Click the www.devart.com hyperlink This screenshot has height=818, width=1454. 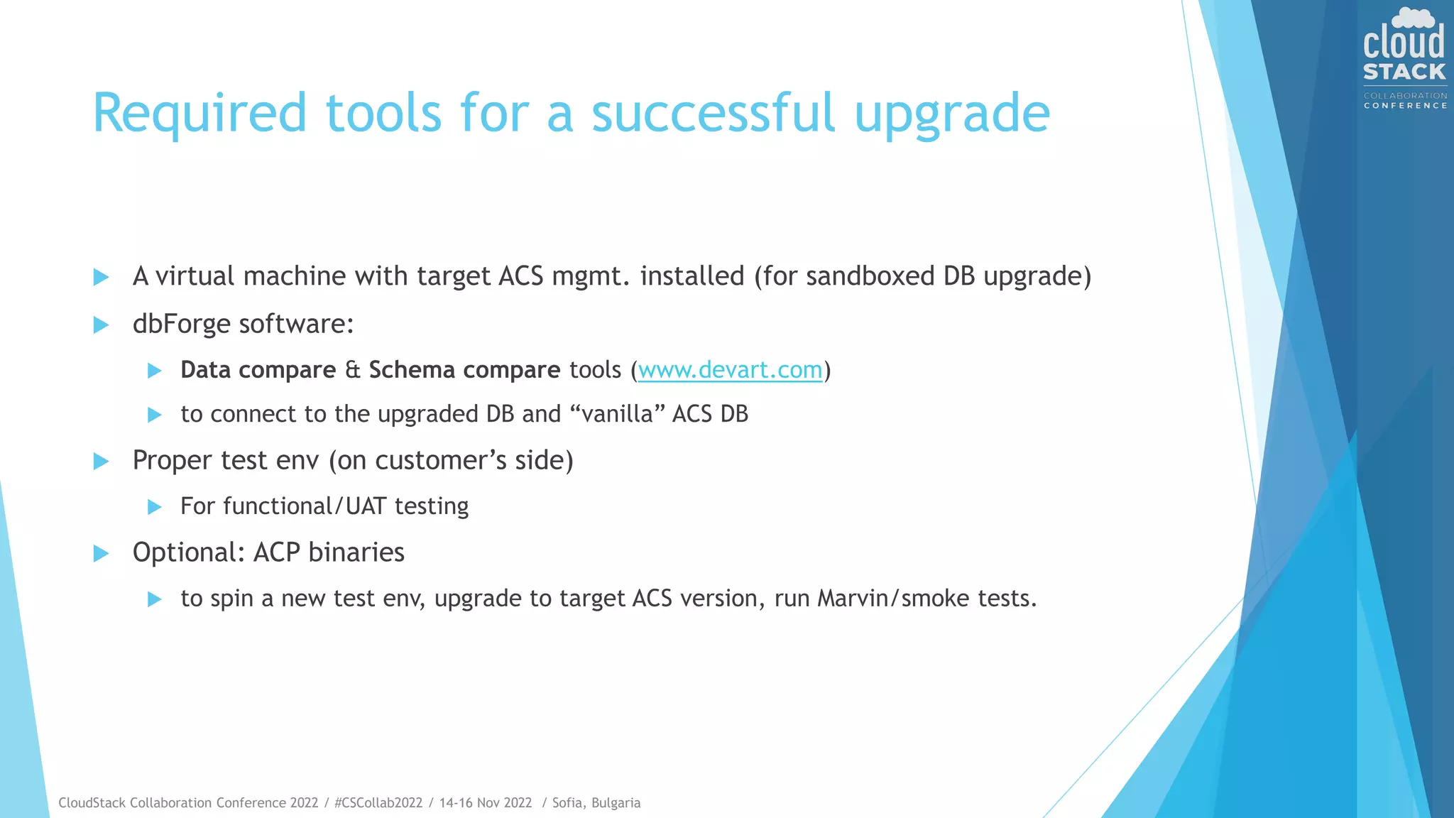pos(730,370)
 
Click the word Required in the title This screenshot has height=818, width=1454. pos(199,114)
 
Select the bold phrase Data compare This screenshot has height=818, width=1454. pos(258,370)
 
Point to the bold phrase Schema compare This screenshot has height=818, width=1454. pos(464,370)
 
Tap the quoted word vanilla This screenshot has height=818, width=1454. pos(617,414)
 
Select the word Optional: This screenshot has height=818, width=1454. pos(188,552)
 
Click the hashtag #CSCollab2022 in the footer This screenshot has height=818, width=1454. pos(378,802)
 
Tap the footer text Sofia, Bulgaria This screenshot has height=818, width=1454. pos(596,802)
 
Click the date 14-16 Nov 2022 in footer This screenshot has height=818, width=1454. pos(486,802)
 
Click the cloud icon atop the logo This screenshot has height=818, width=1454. pos(1412,18)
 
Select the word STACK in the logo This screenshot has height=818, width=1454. pos(1404,72)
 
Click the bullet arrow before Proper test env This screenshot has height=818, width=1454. pos(102,462)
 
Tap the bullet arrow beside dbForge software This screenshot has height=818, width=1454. pos(102,325)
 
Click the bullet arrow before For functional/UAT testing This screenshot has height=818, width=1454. pos(154,507)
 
